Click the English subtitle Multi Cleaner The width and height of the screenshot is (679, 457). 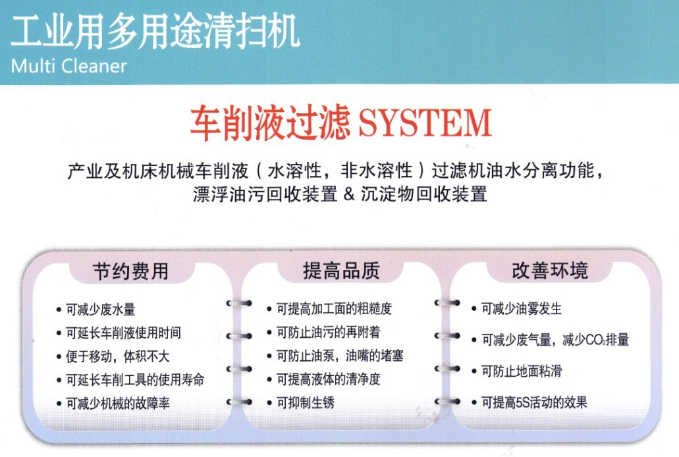tap(68, 66)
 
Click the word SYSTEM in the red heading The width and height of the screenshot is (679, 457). tap(425, 123)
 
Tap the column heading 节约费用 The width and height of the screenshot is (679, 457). tap(131, 271)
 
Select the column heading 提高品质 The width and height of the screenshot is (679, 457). tap(341, 271)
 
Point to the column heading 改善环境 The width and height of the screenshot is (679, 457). tap(550, 270)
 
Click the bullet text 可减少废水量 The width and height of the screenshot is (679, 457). tap(101, 309)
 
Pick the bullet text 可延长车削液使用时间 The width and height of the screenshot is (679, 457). tap(123, 333)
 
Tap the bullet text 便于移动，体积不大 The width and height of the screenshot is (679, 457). tap(117, 356)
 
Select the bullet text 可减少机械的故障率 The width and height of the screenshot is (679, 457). tap(118, 403)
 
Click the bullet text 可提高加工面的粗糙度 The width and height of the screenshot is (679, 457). tap(335, 309)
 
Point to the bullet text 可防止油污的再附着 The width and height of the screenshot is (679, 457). tap(329, 333)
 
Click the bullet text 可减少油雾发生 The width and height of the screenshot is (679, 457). tap(522, 309)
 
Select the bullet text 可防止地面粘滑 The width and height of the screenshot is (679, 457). tap(522, 371)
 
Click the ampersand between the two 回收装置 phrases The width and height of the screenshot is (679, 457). tap(349, 194)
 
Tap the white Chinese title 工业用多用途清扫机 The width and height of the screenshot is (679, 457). tap(155, 31)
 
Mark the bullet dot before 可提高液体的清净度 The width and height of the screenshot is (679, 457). tap(269, 380)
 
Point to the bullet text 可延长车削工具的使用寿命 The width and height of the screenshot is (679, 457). tap(135, 380)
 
